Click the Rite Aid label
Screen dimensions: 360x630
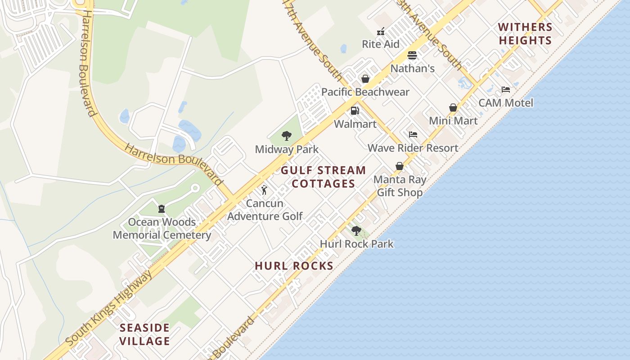(x=381, y=44)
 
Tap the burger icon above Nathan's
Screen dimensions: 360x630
(x=412, y=55)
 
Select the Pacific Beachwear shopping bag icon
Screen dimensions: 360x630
(x=365, y=79)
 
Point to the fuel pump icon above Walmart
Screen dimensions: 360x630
(x=355, y=111)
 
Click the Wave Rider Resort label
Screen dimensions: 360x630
(x=413, y=148)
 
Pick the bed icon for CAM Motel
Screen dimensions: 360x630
(x=506, y=90)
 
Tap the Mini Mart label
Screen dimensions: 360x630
(x=453, y=121)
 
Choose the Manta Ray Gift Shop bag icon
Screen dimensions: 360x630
(x=399, y=166)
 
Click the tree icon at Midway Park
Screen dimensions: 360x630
(x=286, y=136)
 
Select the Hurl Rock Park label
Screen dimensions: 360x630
(x=356, y=244)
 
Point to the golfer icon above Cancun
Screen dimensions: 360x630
(x=265, y=190)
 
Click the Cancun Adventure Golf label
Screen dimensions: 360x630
(x=265, y=210)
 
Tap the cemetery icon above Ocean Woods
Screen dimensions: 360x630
(x=162, y=209)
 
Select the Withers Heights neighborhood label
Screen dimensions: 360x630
(x=525, y=34)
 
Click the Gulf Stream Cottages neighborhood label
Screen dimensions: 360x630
(x=324, y=177)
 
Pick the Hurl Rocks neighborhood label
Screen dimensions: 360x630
(x=294, y=265)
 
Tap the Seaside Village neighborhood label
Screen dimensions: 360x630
(x=144, y=334)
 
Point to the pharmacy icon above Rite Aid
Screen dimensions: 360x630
(x=381, y=31)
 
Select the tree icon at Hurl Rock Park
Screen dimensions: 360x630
(x=356, y=231)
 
